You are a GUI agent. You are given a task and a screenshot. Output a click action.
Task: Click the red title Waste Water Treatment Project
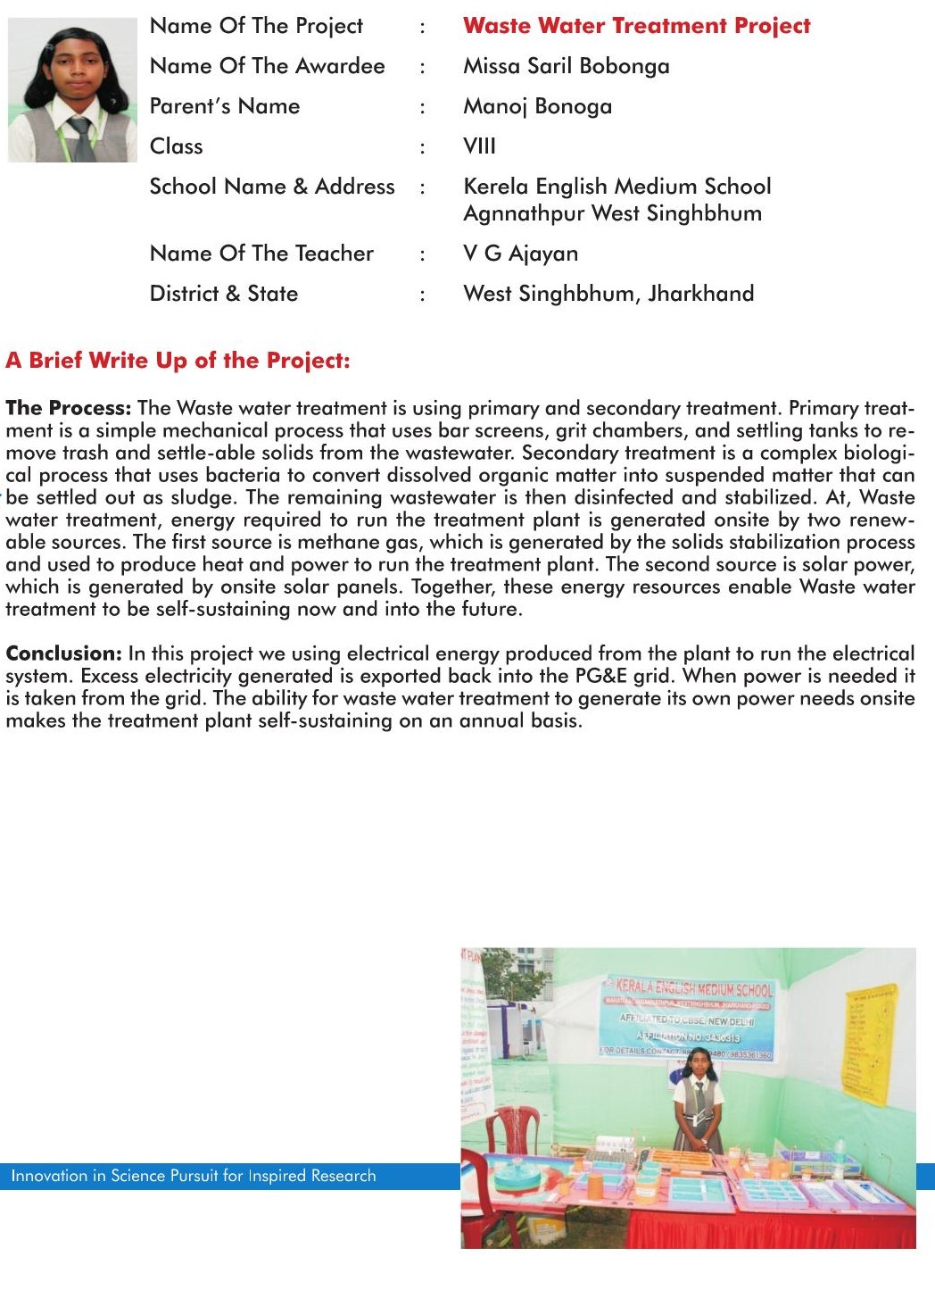coord(636,26)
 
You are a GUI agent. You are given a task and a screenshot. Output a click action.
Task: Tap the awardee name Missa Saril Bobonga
coord(566,66)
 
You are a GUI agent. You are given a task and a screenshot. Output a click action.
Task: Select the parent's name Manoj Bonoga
coord(537,106)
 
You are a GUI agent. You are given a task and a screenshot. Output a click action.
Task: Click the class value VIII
coord(479,146)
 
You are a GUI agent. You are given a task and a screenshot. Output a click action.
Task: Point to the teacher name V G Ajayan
coord(520,254)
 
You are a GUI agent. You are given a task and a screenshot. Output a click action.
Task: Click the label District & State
coord(223,294)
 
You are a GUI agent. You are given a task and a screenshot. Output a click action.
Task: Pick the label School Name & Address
coord(271,187)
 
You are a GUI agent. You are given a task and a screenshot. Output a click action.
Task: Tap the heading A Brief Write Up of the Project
coord(178,361)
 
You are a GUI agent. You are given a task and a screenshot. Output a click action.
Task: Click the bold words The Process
coord(68,408)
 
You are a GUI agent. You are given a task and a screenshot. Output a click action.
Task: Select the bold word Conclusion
coord(63,653)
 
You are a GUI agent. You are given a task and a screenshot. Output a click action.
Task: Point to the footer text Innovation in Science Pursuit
coord(193,1176)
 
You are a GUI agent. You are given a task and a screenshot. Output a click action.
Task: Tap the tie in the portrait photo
coord(80,138)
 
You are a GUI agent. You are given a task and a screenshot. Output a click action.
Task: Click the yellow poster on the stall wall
coord(869,1040)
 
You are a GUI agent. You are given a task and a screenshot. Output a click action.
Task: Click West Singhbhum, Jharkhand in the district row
coord(608,294)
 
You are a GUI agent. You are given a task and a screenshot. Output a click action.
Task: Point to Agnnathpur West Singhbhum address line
coord(612,213)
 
